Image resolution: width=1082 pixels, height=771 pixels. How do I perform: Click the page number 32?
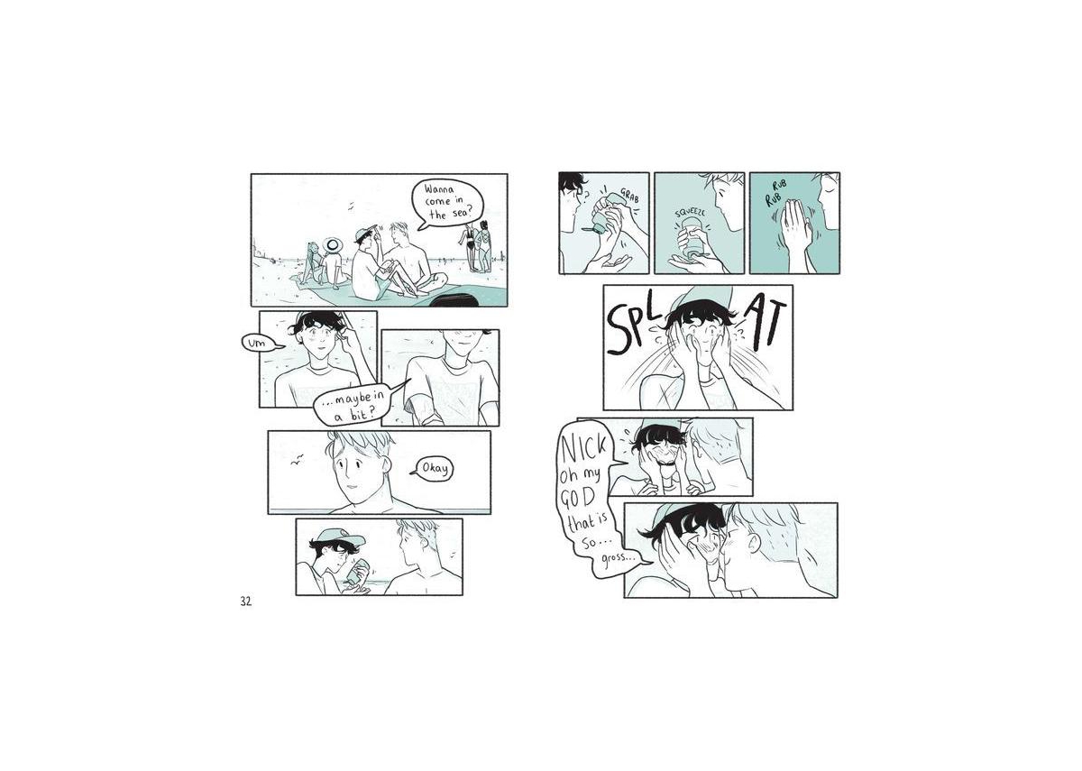tap(245, 601)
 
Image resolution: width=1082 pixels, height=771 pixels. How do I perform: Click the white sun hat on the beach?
tap(332, 245)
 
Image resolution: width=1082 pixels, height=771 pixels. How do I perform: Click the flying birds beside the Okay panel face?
tap(297, 460)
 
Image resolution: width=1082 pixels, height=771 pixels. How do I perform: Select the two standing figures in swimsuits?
tap(477, 246)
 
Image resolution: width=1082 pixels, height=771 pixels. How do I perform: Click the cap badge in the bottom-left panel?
tap(343, 533)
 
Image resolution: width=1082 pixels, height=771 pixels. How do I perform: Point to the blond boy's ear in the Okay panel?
tap(386, 464)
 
